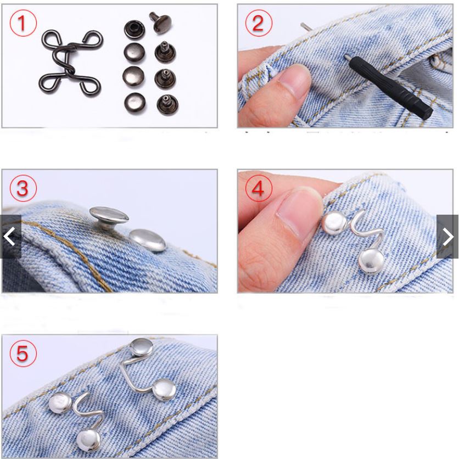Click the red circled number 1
point(23,23)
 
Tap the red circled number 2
point(259,23)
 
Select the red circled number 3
point(23,188)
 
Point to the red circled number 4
point(259,188)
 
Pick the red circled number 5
point(23,354)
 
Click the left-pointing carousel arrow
point(10,237)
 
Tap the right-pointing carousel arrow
point(447,237)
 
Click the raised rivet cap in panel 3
point(109,217)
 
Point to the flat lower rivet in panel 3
point(148,240)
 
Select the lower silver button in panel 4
point(371,262)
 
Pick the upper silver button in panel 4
point(334,223)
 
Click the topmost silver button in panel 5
point(142,347)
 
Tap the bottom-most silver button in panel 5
point(88,440)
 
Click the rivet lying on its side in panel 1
point(160,23)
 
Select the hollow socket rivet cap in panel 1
point(135,29)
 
